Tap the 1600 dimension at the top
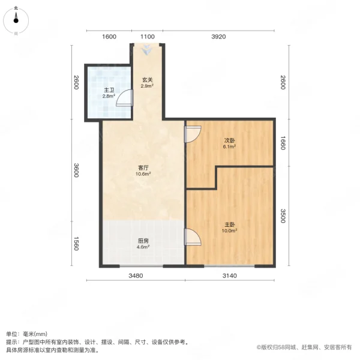pos(109,37)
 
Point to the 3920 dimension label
pos(218,37)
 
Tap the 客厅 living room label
pos(143,170)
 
